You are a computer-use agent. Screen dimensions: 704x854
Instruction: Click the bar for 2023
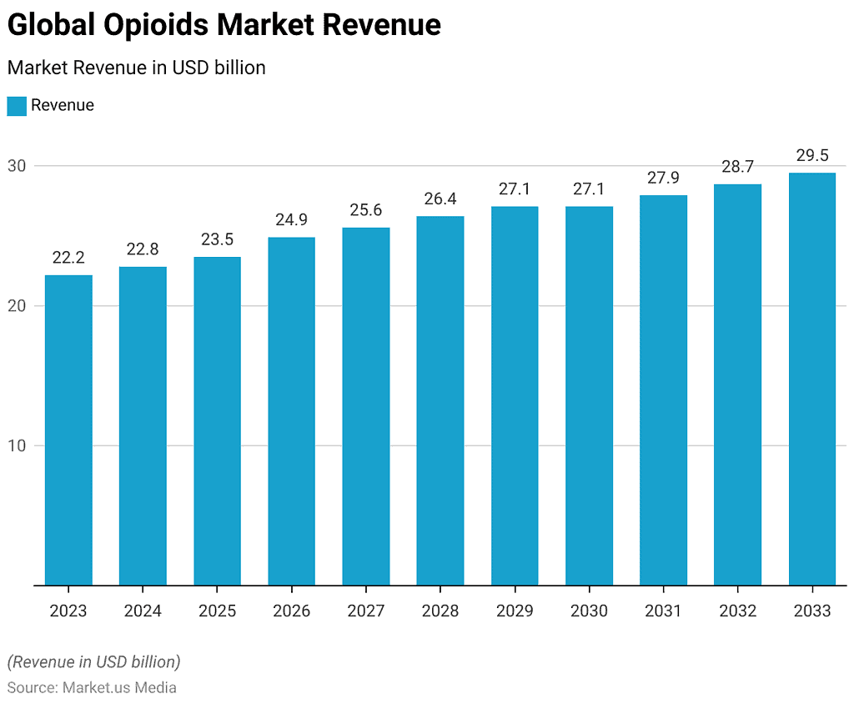(68, 430)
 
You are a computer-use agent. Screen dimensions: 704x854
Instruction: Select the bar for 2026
(292, 410)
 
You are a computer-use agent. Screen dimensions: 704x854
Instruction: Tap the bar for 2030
(589, 395)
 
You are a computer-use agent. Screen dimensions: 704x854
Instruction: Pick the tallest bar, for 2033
(811, 379)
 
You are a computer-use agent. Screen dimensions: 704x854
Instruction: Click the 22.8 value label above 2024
(143, 249)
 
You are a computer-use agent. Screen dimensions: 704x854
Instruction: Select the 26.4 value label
(440, 199)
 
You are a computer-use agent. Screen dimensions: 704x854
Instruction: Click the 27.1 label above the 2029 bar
(515, 189)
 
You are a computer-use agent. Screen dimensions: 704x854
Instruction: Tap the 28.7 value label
(737, 166)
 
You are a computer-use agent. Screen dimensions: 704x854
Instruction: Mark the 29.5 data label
(811, 155)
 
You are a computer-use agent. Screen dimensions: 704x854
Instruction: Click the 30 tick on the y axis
(18, 166)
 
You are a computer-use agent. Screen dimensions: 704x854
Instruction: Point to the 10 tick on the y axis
(18, 445)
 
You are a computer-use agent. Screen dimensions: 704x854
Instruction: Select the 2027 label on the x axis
(366, 611)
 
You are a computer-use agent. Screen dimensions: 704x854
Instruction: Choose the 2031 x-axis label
(663, 611)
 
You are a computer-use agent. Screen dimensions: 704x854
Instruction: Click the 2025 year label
(217, 611)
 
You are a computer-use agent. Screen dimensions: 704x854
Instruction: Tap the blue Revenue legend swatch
(17, 106)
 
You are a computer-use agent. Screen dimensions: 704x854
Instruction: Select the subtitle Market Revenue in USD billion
(136, 68)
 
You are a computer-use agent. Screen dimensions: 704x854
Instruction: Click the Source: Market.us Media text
(92, 687)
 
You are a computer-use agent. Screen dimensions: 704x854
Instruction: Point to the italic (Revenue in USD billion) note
(93, 662)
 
